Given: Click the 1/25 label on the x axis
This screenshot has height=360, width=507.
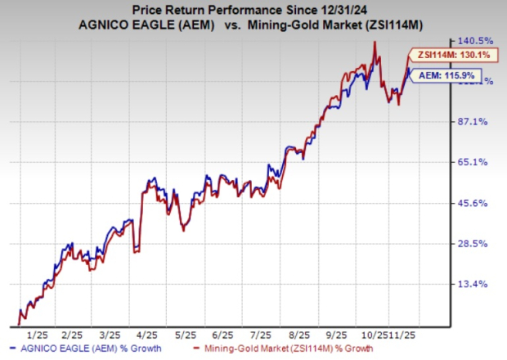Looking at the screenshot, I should click(37, 335).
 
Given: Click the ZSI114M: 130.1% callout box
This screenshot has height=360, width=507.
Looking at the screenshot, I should click(442, 55).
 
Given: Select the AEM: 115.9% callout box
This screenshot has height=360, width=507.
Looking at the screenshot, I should click(442, 75).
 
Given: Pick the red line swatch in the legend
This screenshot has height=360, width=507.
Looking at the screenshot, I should click(200, 351).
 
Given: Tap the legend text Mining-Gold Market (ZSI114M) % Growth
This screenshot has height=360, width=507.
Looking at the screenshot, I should click(307, 351).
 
